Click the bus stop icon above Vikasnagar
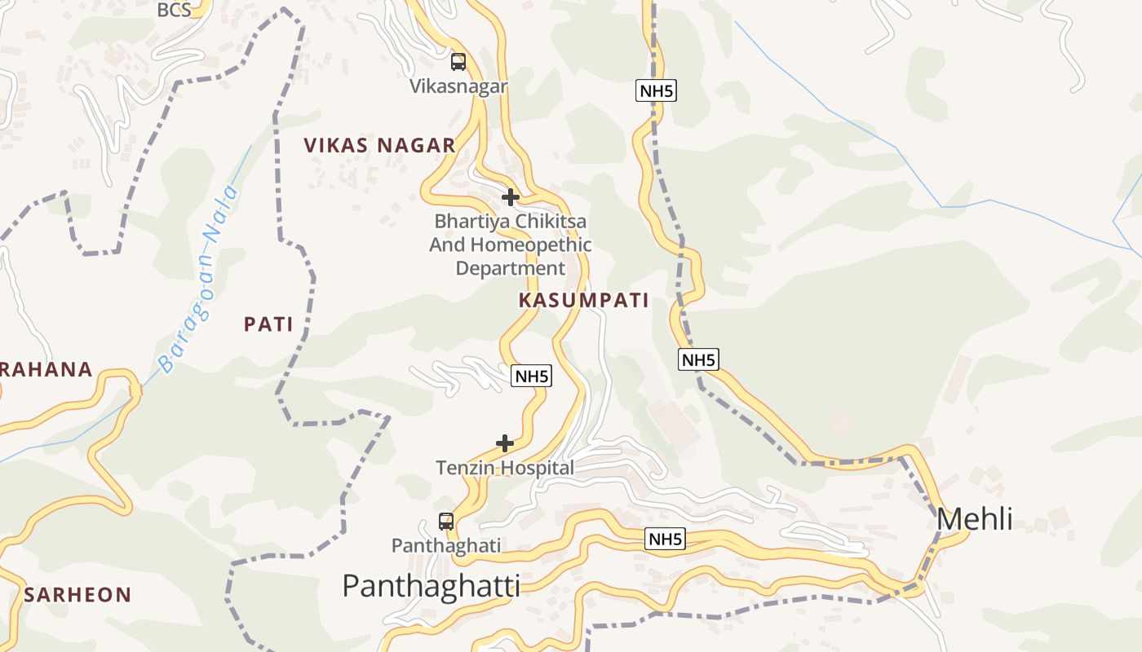(458, 61)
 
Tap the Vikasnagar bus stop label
(458, 86)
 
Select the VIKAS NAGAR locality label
(379, 146)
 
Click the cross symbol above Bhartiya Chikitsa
(511, 196)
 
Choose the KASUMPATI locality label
(584, 300)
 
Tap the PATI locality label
(268, 324)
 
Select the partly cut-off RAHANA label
(46, 369)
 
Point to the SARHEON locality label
(77, 595)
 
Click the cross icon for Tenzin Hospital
(505, 443)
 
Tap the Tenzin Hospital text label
(505, 468)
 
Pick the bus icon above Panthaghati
(446, 522)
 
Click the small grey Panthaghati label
(446, 545)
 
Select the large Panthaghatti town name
(431, 585)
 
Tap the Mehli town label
(975, 519)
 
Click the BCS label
(174, 10)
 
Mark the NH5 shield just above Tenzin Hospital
(532, 376)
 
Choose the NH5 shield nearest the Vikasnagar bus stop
(656, 90)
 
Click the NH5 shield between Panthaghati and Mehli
(666, 539)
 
